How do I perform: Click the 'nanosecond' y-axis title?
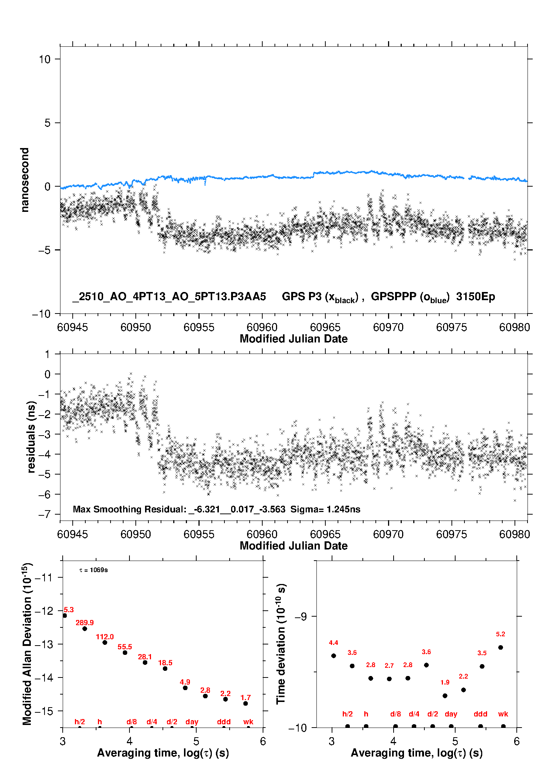point(25,180)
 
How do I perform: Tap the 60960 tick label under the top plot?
point(262,327)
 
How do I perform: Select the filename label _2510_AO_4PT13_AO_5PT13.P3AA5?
point(169,297)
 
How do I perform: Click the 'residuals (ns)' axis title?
point(32,437)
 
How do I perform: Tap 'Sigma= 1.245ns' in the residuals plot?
point(325,509)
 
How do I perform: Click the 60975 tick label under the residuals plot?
point(451,534)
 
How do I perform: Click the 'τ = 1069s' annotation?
point(93,570)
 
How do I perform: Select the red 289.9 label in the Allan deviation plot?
point(85,623)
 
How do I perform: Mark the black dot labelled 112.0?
point(105,642)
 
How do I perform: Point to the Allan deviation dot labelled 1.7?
point(246,703)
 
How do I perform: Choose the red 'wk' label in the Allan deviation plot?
point(248,722)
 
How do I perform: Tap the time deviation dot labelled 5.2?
point(500,647)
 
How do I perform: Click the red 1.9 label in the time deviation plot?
point(445,682)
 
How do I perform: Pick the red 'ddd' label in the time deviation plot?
point(480,714)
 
